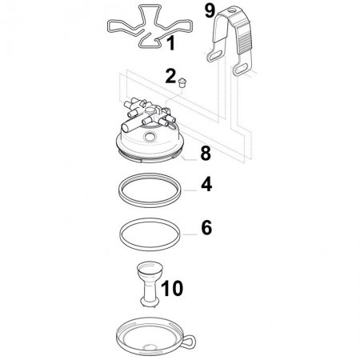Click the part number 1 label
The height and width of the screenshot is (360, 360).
pos(171,43)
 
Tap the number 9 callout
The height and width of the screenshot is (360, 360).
pos(210,11)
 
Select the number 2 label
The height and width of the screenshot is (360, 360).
pos(170,76)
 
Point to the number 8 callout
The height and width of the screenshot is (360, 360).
pos(206,154)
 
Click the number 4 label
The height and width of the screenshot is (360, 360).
pos(206,184)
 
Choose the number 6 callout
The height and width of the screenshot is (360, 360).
pos(206,228)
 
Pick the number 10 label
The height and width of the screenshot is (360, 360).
pos(172,289)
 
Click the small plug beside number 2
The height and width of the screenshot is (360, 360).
pos(182,82)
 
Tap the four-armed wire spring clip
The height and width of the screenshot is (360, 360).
pos(150,26)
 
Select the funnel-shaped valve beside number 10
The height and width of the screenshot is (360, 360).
pos(150,284)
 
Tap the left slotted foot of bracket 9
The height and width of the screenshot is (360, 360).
pos(215,55)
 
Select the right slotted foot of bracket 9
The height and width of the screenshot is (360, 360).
pos(242,69)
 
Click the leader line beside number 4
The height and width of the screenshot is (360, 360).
pos(190,190)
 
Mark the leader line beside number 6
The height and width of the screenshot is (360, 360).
pos(190,234)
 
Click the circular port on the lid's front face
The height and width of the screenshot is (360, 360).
pos(150,137)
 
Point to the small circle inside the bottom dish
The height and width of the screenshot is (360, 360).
pos(150,347)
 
